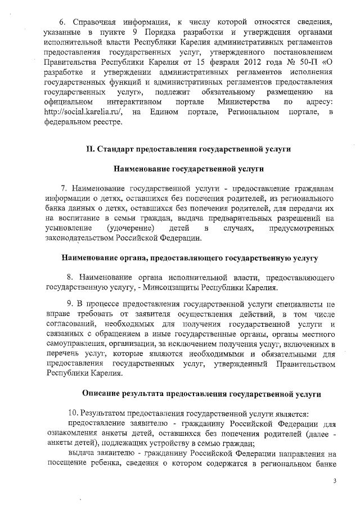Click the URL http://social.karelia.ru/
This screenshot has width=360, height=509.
(83, 112)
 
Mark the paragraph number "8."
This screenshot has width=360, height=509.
(70, 278)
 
